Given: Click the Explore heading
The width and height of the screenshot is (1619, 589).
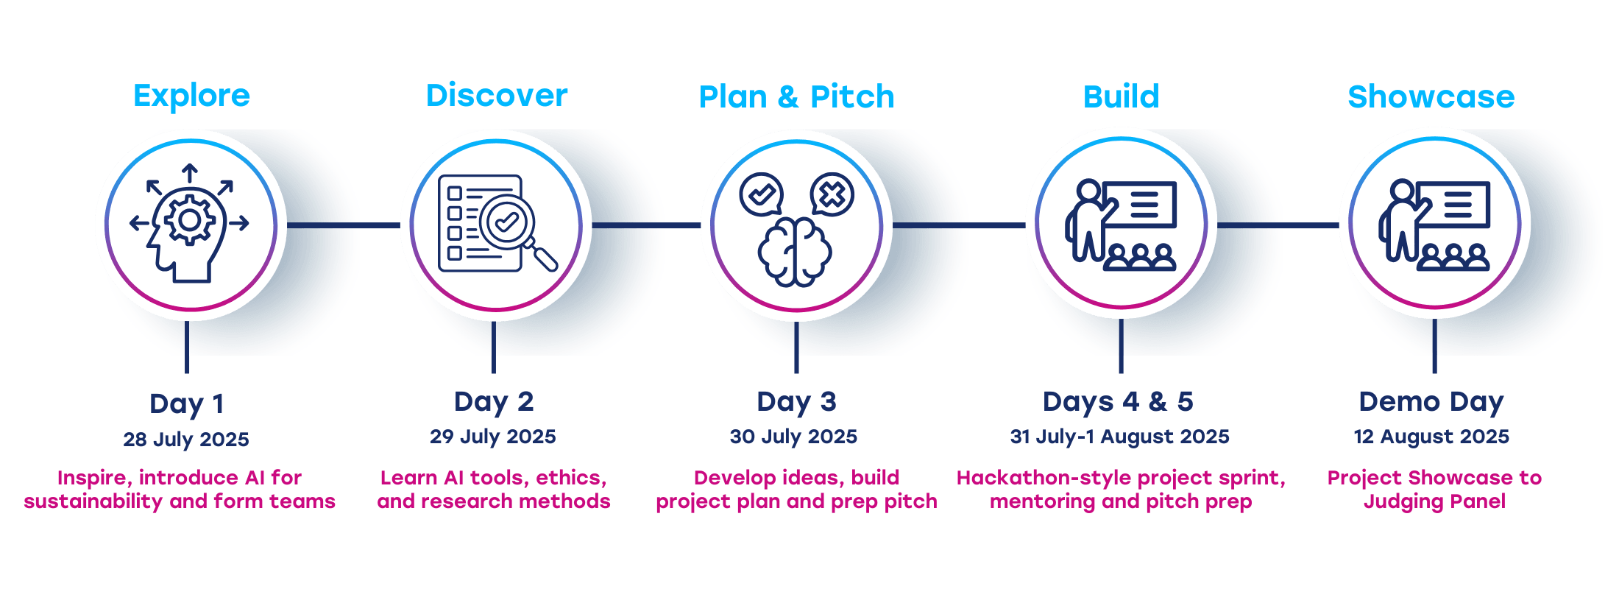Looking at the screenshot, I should (x=191, y=96).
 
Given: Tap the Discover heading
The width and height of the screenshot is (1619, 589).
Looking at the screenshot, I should (x=497, y=96).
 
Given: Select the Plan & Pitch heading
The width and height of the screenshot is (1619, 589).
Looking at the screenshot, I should (x=796, y=96).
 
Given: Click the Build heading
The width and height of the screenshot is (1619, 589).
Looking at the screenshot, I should (x=1121, y=96).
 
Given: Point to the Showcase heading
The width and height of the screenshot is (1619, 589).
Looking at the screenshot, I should (x=1431, y=96).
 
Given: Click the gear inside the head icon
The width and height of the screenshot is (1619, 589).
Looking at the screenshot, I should (x=189, y=219).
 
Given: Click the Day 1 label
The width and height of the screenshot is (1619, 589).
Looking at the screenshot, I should (x=186, y=403).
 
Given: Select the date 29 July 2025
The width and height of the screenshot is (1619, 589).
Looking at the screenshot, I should (x=493, y=437).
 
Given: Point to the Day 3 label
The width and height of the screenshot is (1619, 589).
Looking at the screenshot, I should (x=796, y=402).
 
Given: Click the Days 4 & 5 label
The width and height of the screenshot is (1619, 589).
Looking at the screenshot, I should (x=1118, y=402).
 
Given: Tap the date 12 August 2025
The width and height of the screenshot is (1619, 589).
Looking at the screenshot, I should (x=1431, y=437).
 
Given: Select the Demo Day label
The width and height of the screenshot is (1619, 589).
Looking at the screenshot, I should (x=1431, y=402).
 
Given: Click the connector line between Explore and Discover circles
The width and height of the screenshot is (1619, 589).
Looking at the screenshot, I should (x=342, y=225).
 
